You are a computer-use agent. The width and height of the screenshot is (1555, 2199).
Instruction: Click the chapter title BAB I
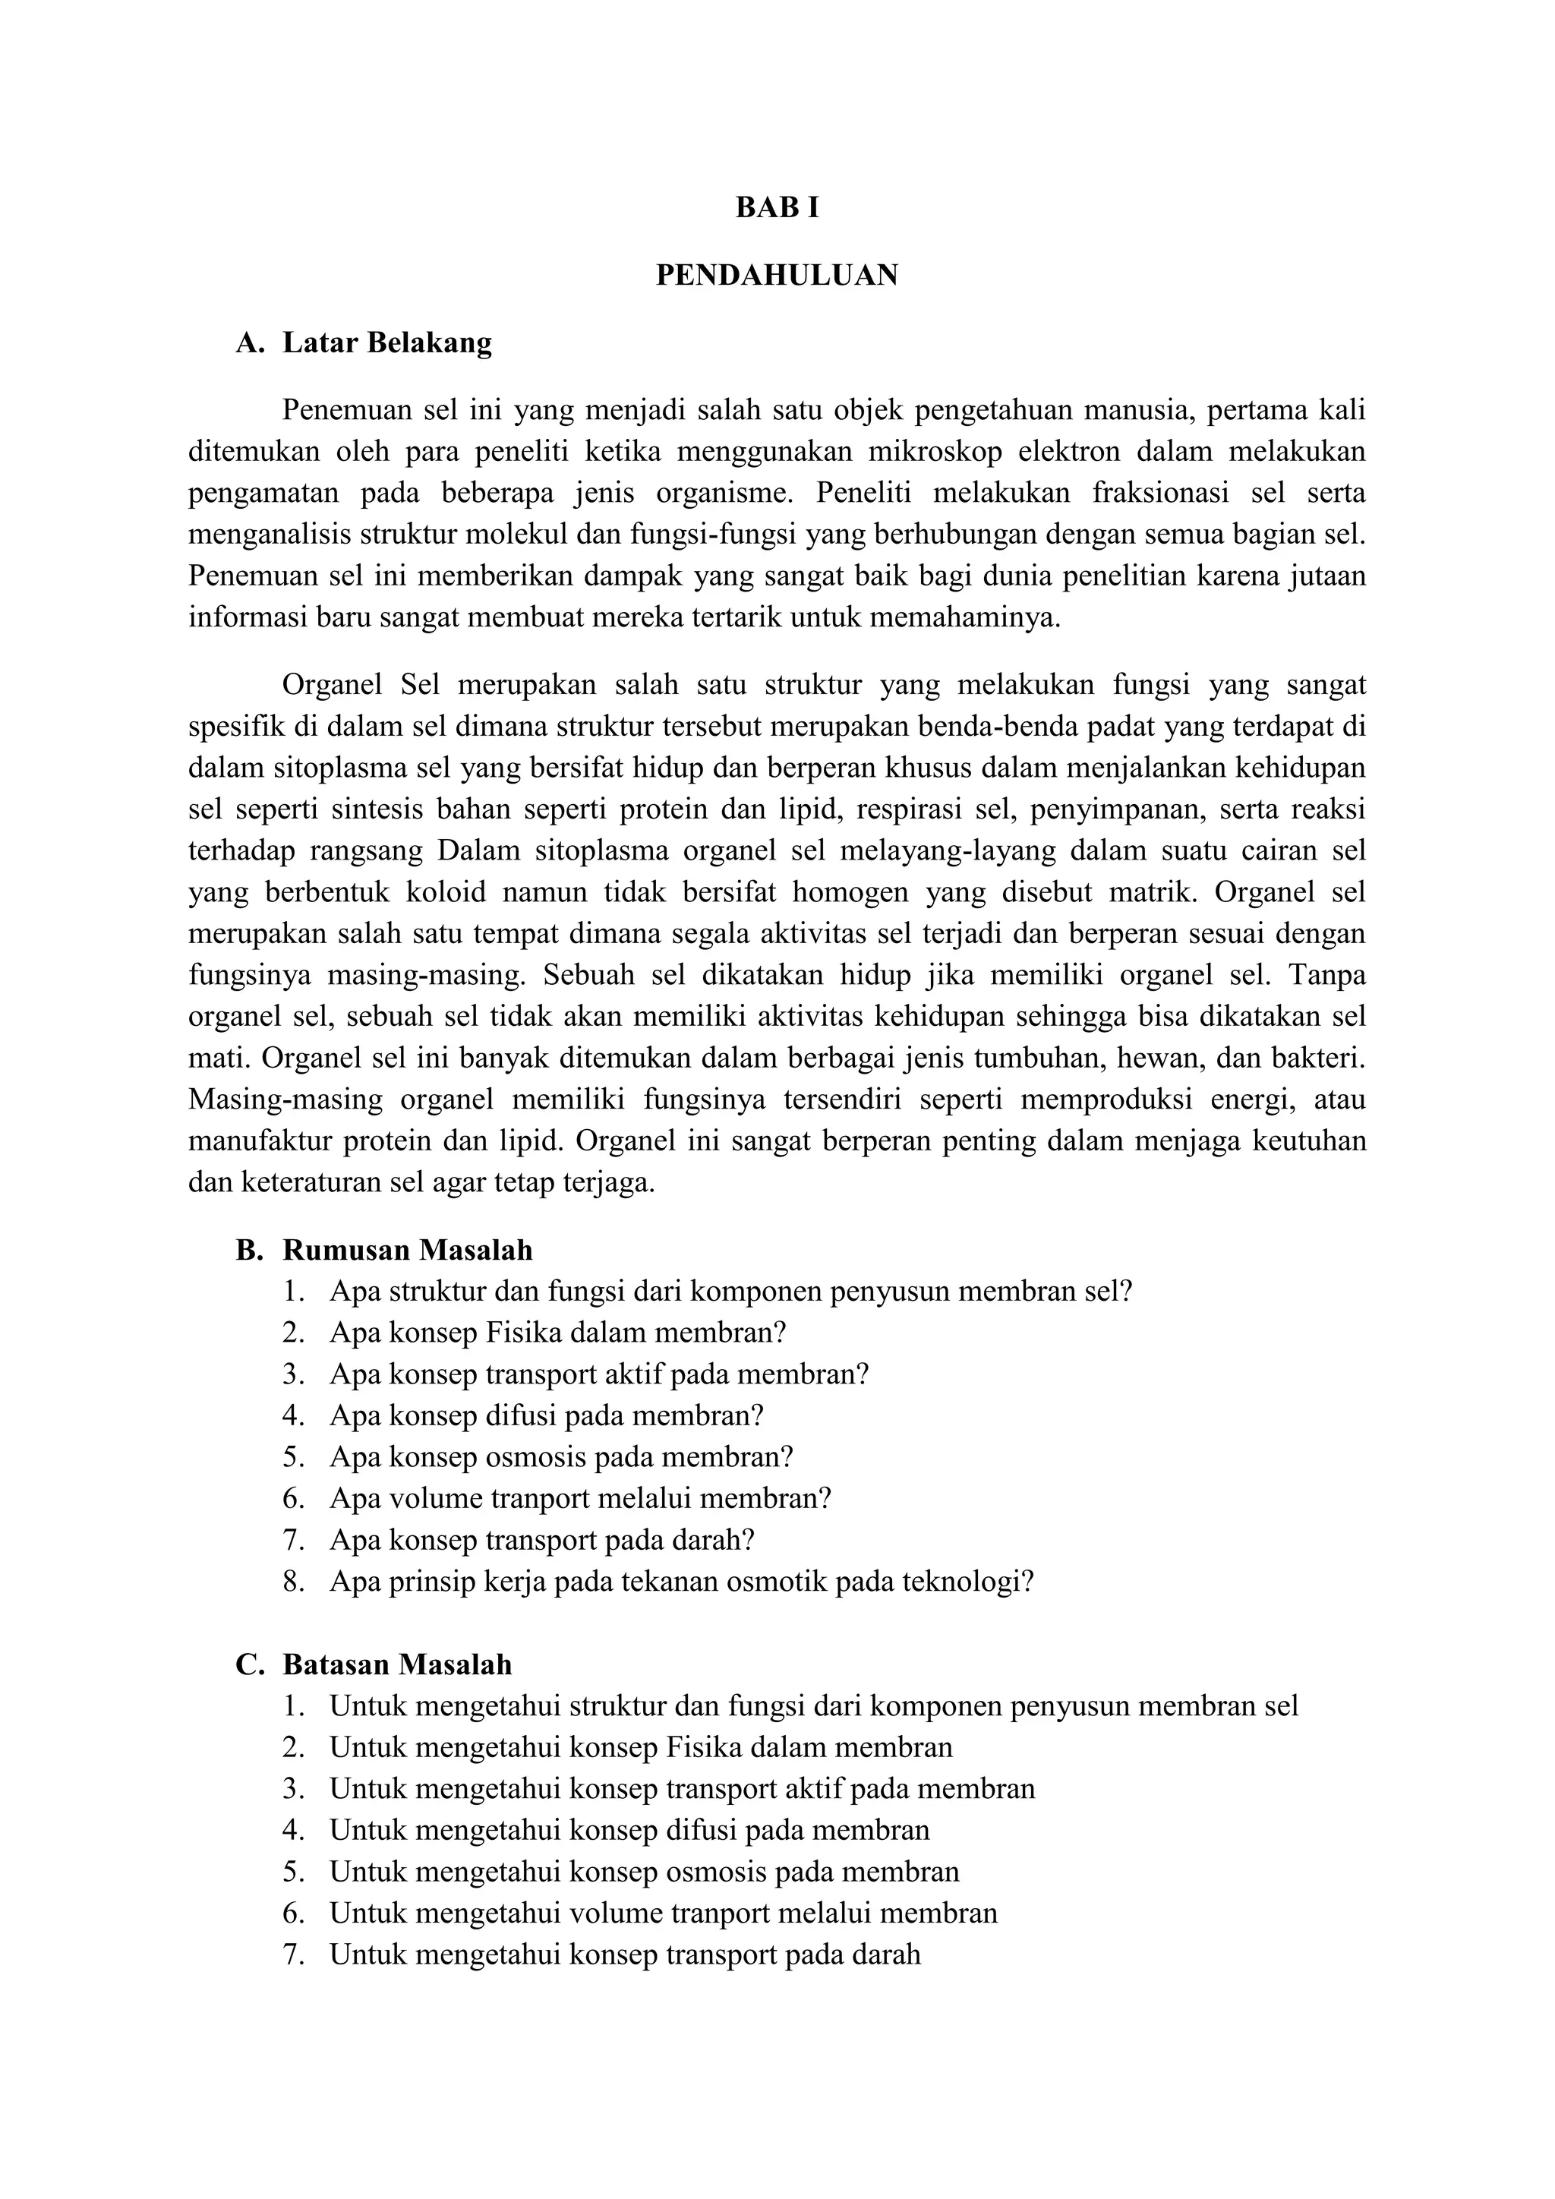[777, 208]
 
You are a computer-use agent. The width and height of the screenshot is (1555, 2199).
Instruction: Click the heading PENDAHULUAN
[777, 276]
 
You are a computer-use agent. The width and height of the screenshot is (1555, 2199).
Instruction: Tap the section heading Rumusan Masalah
[407, 1250]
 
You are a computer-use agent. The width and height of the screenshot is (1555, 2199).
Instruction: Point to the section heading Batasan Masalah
[396, 1664]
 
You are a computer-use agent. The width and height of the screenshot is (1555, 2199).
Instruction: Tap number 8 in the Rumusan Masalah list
[292, 1581]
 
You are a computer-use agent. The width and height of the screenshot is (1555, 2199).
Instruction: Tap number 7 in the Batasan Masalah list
[292, 1954]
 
